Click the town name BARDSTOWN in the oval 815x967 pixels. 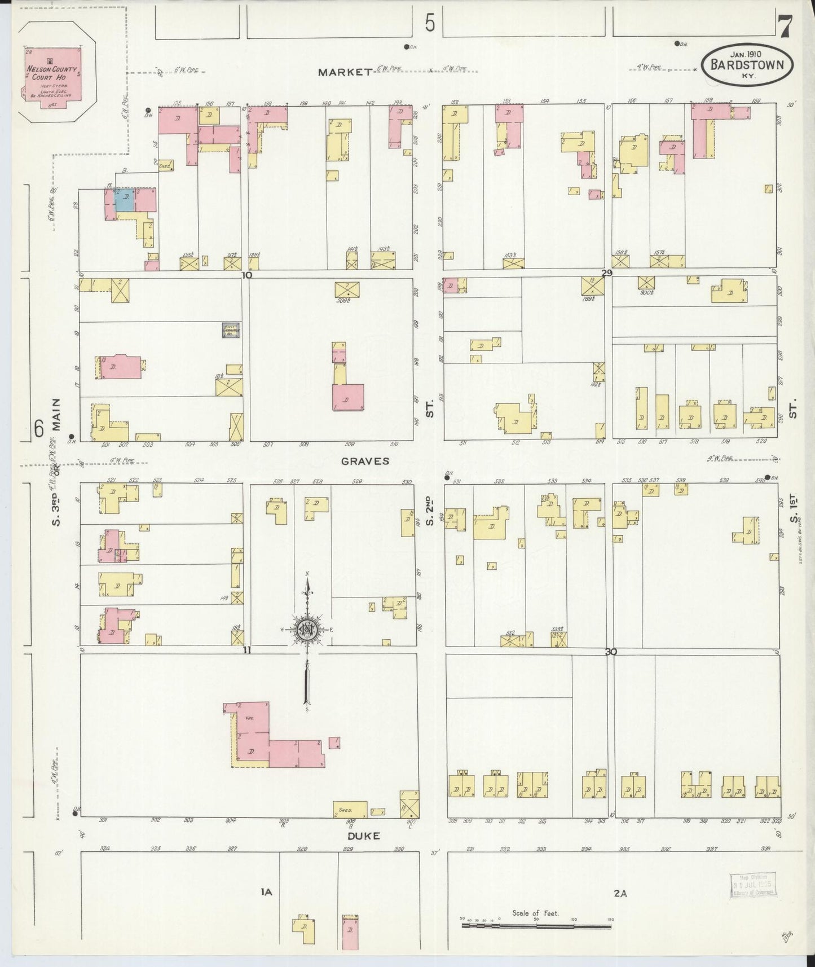tap(747, 65)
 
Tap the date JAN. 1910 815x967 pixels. tap(746, 54)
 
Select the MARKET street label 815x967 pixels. tap(345, 72)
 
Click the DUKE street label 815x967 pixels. tap(364, 836)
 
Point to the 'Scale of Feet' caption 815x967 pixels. tap(535, 913)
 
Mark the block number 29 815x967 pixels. tap(606, 273)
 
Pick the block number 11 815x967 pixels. tap(246, 650)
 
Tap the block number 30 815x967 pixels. tap(610, 652)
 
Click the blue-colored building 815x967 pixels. tap(125, 200)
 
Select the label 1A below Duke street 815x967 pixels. tap(266, 892)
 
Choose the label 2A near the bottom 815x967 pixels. tap(620, 893)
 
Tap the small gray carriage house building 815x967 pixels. tap(230, 330)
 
